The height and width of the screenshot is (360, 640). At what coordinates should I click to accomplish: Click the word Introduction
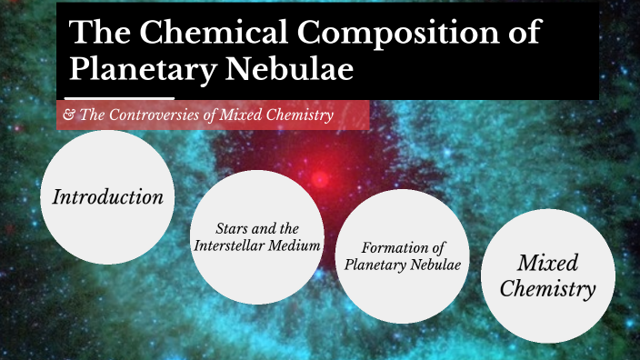click(108, 196)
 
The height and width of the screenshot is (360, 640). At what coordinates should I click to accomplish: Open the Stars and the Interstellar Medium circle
click(257, 237)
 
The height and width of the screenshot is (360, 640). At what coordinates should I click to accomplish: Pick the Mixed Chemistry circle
click(548, 276)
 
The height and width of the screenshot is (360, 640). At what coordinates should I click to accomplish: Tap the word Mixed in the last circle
click(548, 263)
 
